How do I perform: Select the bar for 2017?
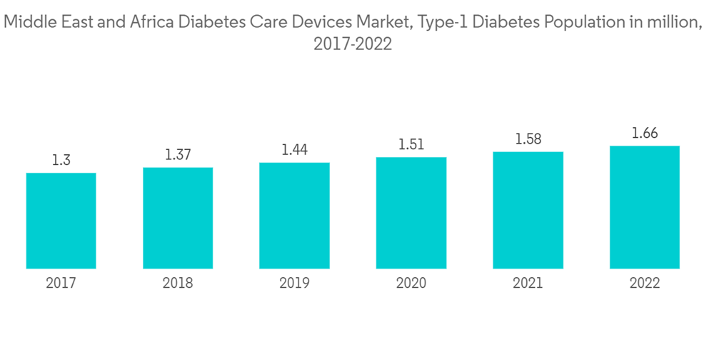(x=61, y=221)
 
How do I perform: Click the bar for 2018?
(x=178, y=218)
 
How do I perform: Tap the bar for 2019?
(x=294, y=216)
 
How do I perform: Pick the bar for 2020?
(x=411, y=213)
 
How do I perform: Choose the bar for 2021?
(x=528, y=210)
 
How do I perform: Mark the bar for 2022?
(x=645, y=207)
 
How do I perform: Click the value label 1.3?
(x=61, y=161)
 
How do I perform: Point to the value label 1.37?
(x=178, y=155)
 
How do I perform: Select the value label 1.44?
(x=294, y=150)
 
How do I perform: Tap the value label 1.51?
(x=411, y=145)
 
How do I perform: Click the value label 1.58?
(x=528, y=139)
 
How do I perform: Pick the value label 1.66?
(x=645, y=134)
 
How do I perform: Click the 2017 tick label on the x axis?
(x=61, y=284)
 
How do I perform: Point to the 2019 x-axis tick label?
(x=294, y=284)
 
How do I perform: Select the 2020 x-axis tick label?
(x=411, y=284)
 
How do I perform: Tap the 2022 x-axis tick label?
(x=645, y=284)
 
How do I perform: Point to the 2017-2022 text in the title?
(x=353, y=44)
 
